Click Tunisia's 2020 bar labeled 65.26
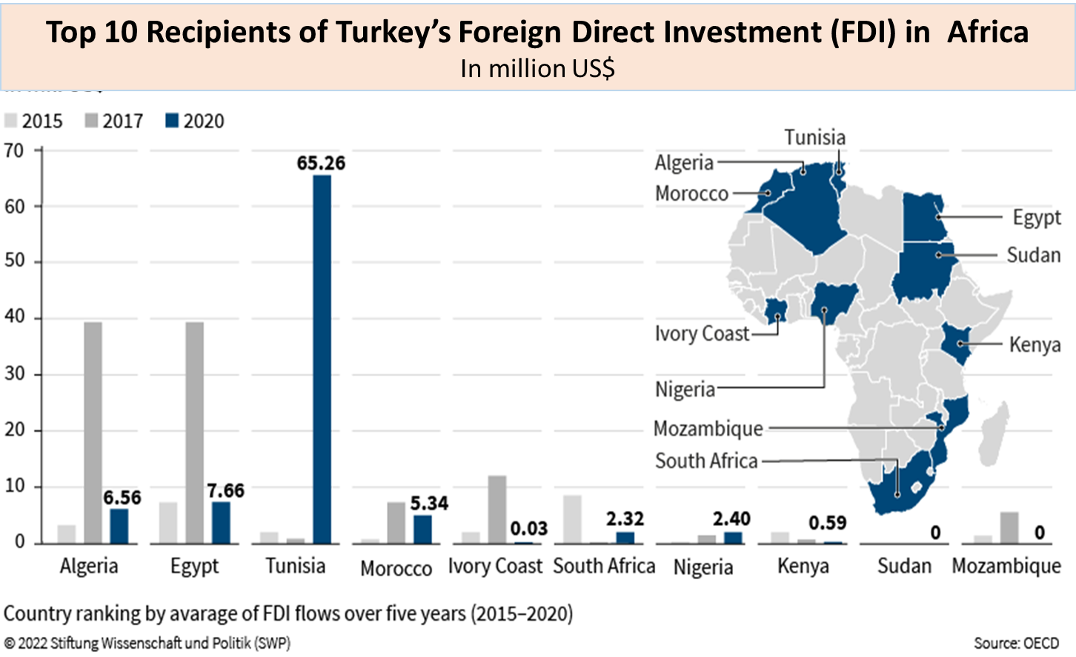click(x=322, y=359)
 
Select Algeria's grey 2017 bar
click(x=93, y=433)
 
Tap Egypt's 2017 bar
click(x=194, y=433)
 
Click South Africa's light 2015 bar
click(x=572, y=519)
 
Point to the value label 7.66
click(x=226, y=491)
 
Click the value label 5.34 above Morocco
click(x=429, y=504)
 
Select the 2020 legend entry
click(x=195, y=121)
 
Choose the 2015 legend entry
click(x=34, y=121)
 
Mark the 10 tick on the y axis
click(x=14, y=487)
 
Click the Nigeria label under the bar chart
click(x=703, y=567)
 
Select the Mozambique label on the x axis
click(x=1006, y=566)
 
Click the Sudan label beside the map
click(x=1033, y=255)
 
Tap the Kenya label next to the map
click(x=1035, y=345)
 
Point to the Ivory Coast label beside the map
click(x=702, y=334)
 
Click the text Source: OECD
click(x=1016, y=643)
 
